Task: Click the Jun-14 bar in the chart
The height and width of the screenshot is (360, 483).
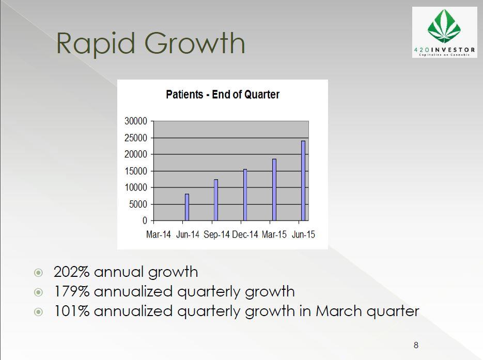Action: (187, 207)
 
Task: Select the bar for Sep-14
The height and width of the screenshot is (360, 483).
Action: (216, 200)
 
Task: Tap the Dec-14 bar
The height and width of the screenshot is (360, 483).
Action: (245, 195)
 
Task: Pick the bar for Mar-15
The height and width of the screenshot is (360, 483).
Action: (274, 190)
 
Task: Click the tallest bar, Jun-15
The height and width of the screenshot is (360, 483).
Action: (303, 181)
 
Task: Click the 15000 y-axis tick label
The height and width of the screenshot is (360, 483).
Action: (136, 171)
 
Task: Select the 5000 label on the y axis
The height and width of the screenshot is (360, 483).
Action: (138, 204)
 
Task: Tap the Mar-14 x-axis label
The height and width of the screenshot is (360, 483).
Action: (158, 234)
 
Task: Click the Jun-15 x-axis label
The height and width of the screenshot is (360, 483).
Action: (303, 234)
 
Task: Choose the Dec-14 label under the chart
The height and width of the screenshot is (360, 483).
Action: (245, 234)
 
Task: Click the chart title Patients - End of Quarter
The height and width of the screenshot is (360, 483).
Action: (223, 94)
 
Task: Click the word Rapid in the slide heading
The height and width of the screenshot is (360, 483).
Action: (96, 43)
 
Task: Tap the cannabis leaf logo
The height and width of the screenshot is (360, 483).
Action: (444, 26)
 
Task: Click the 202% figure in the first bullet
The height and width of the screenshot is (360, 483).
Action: (71, 272)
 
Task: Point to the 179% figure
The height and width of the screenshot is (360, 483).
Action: (72, 291)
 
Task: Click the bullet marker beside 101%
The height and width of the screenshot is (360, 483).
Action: (39, 312)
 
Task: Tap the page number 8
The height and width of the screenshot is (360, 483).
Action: (416, 345)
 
